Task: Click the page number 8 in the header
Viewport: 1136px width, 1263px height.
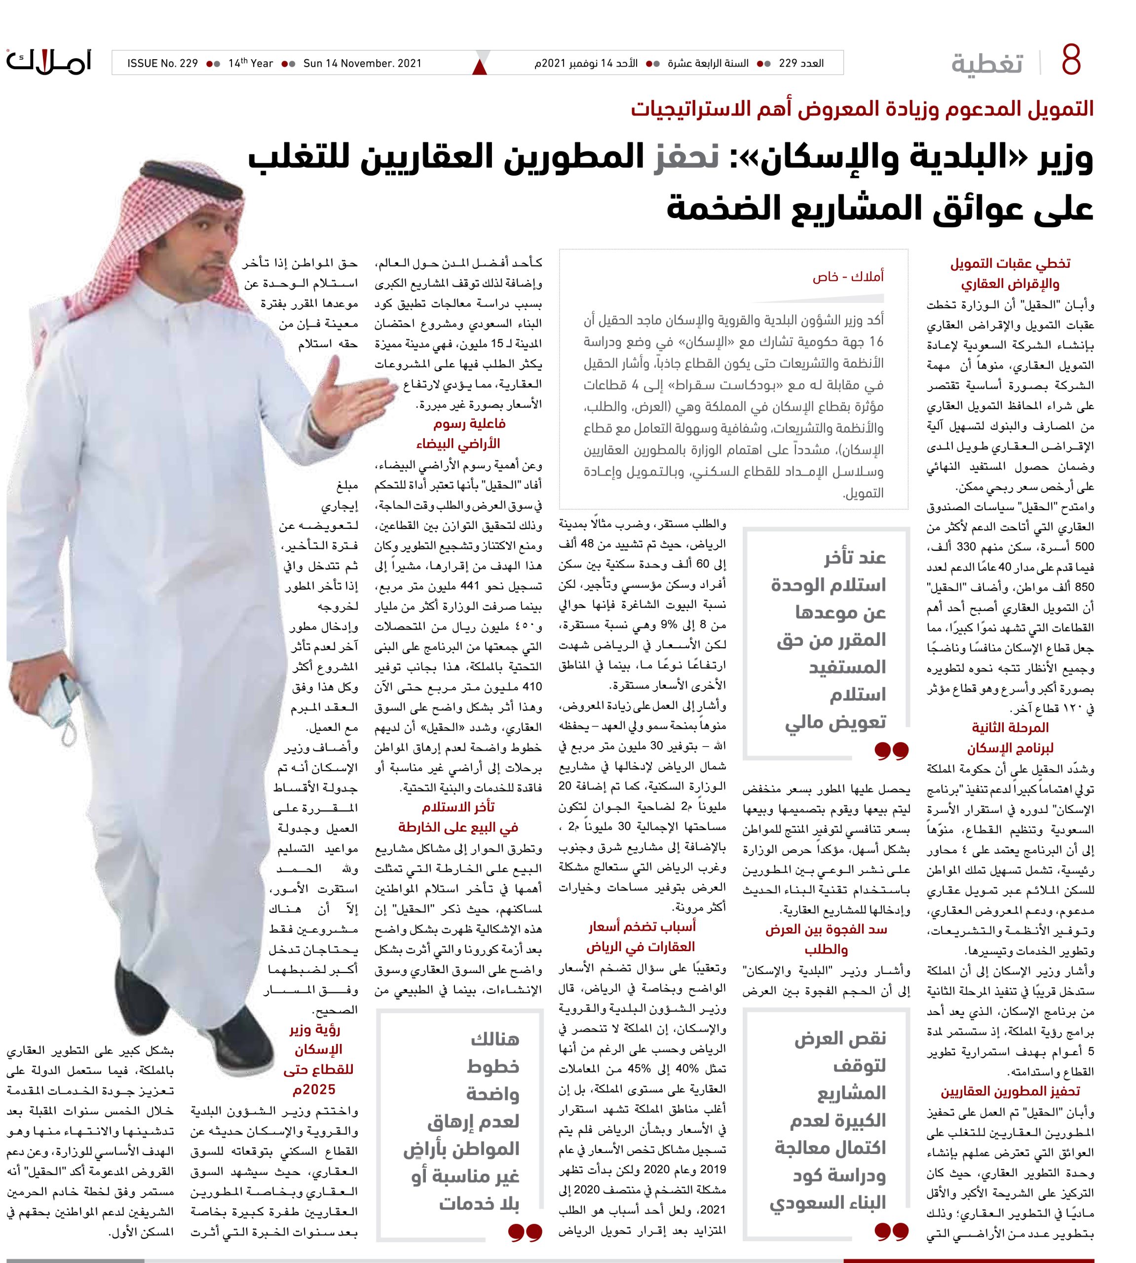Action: pos(1070,61)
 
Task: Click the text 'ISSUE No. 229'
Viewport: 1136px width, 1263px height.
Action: pos(162,63)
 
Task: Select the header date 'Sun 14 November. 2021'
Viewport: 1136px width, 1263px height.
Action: pos(362,63)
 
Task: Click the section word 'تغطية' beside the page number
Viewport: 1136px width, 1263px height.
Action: pos(987,64)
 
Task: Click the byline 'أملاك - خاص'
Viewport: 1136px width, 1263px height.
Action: pos(848,276)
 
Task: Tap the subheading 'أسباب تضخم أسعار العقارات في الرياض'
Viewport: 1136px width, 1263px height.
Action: pos(641,936)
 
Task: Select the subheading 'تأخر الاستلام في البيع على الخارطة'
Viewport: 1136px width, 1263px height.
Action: pos(459,817)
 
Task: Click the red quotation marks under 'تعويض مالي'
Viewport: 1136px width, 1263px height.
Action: pos(891,751)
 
